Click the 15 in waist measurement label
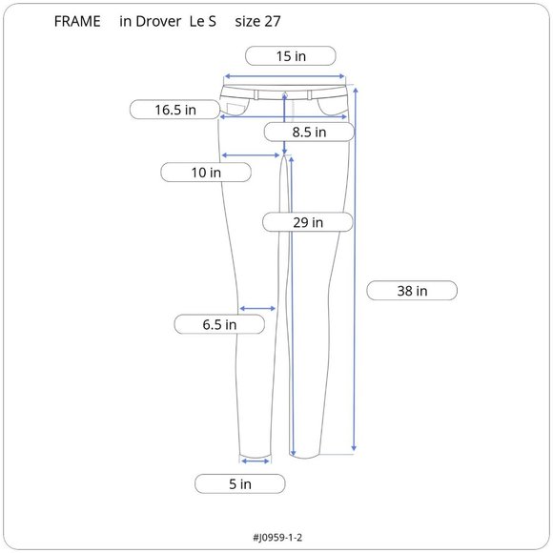291,56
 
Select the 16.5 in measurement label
175,110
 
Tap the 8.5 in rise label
309,133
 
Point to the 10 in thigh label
206,173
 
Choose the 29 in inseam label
308,222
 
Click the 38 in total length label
412,291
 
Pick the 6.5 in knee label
219,325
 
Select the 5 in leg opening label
240,484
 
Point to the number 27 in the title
272,22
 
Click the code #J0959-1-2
277,537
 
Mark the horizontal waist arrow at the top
284,77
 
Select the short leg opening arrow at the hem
255,461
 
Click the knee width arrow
257,308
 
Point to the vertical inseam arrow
292,305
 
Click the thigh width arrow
252,154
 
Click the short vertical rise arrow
285,124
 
